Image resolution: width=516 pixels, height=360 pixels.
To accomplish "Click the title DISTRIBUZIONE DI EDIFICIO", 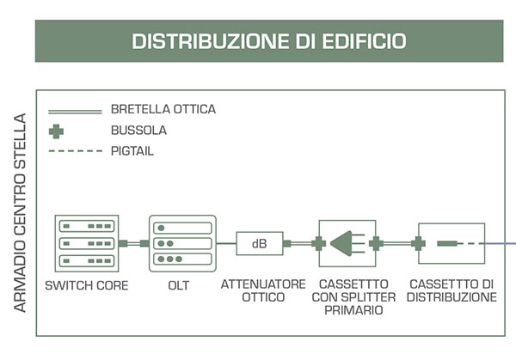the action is pos(269,41).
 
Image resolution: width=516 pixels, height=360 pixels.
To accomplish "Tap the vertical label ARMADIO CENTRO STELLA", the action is pos(20,212).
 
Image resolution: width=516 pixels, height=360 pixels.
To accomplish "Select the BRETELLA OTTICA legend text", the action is pos(163,109).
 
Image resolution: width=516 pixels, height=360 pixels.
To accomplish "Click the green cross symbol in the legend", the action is pos(56,131).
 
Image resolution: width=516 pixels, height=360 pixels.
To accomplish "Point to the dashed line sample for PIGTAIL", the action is pos(76,151).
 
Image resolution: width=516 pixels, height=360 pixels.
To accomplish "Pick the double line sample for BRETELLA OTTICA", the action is pos(75,112).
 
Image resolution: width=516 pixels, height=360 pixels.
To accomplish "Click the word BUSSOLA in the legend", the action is pos(138,131).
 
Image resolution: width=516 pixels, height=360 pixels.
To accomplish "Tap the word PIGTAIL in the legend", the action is pos(132,151).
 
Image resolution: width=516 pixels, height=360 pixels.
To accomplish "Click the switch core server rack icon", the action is pos(87,243).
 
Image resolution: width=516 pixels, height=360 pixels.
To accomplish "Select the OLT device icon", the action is pos(182,243).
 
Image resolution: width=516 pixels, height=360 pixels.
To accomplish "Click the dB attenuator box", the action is pos(260,244).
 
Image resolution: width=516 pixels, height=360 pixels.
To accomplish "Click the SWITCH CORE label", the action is pos(87,285).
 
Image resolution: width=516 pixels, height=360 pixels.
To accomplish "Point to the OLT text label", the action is pos(179,285).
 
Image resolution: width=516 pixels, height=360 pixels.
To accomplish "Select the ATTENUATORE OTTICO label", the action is pos(263,290).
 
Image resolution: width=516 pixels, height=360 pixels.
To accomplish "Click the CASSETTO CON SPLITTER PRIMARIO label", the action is pos(353,297).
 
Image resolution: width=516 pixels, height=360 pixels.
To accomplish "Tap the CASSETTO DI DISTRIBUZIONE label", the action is pos(451,290).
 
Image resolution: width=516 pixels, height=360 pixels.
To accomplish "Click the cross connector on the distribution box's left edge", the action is pos(418,244).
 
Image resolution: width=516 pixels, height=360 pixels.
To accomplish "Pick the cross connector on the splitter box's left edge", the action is pos(318,244).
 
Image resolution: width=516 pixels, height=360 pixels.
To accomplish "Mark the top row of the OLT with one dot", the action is pos(182,228).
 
